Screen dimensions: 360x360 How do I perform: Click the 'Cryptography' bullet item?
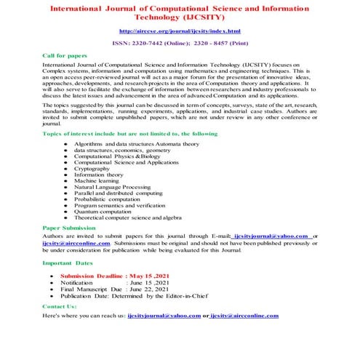[95, 168]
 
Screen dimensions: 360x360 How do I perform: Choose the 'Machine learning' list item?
[98, 180]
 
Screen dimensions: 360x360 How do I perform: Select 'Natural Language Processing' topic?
[113, 187]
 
